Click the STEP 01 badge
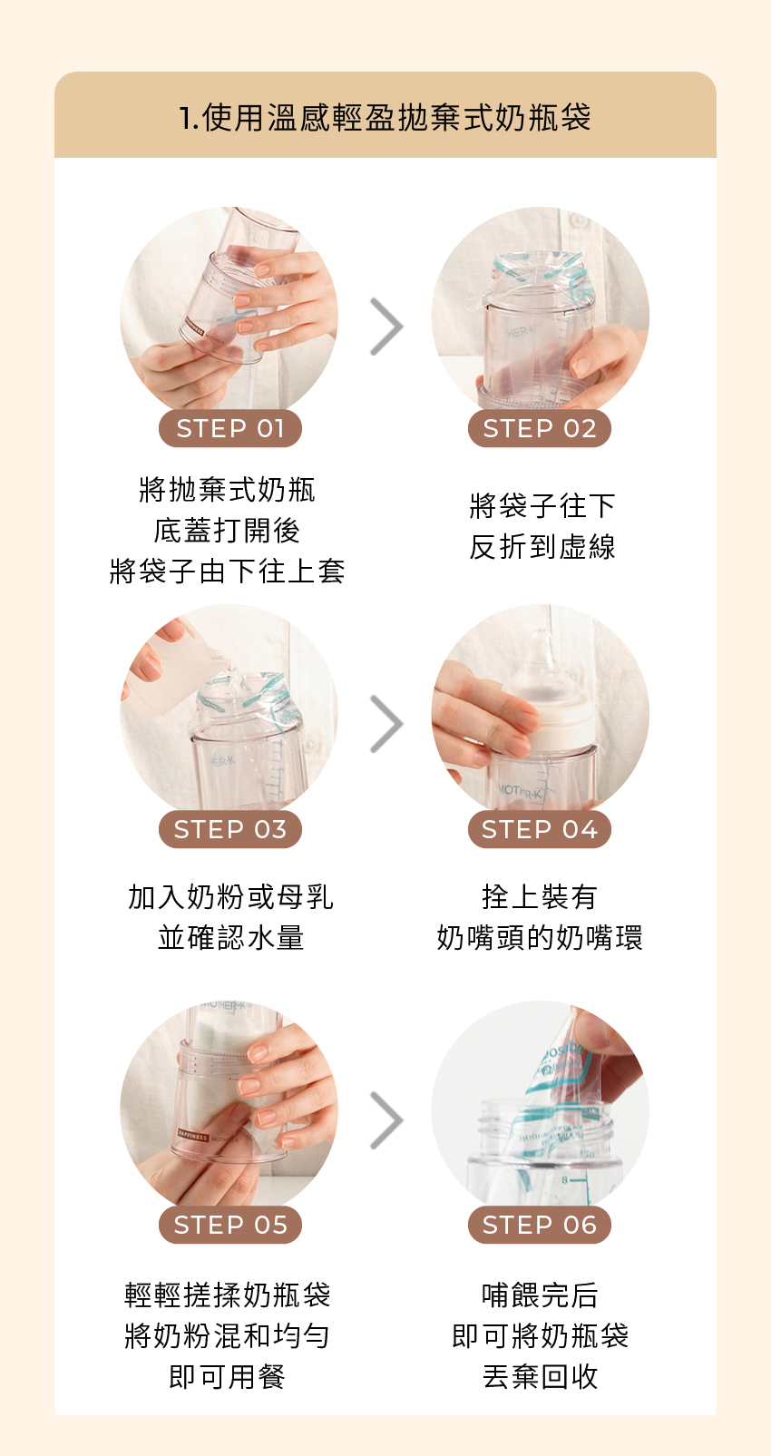[230, 428]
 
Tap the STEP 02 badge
[540, 428]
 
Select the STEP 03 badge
[230, 829]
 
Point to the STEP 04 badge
[540, 829]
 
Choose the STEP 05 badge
[230, 1225]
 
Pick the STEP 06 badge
[540, 1225]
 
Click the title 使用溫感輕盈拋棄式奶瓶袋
[396, 118]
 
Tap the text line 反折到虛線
[542, 547]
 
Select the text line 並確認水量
[230, 937]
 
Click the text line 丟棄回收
[540, 1376]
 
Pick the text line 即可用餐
[227, 1376]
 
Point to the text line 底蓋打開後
[227, 531]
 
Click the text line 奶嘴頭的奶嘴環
[540, 937]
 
